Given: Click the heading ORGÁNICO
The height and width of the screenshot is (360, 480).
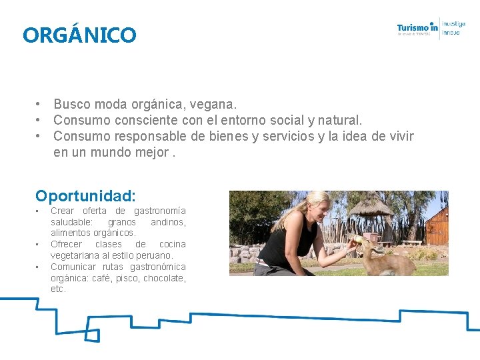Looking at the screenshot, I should (79, 35).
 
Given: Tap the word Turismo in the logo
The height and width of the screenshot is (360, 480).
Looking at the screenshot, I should (413, 28).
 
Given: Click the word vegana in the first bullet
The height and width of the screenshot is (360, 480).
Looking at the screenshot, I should (213, 105).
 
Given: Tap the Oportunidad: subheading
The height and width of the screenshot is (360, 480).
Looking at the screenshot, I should (86, 196).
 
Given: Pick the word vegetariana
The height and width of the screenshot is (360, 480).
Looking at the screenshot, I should (76, 255).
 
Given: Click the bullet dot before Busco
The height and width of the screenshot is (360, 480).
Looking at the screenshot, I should (41, 105).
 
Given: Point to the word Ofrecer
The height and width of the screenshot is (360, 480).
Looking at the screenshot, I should (65, 244).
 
